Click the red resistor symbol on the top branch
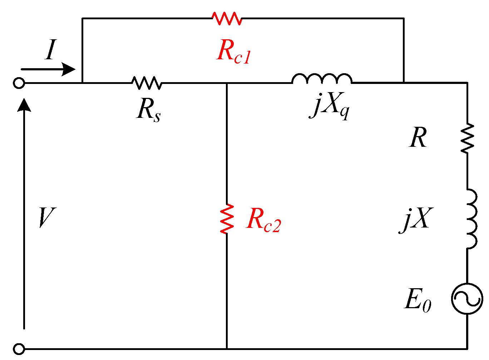[227, 18]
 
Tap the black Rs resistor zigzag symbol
[147, 83]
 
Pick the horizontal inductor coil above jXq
[322, 79]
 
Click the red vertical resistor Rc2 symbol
[227, 219]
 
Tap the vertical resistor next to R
[467, 139]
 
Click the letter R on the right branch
[418, 138]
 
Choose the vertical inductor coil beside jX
[471, 219]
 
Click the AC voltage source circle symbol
[467, 299]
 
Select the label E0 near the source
[418, 300]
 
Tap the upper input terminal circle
[19, 83]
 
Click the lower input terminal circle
[19, 349]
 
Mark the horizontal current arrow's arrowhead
[68, 69]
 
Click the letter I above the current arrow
[51, 50]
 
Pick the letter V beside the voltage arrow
[46, 217]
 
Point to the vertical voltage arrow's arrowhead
[24, 105]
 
